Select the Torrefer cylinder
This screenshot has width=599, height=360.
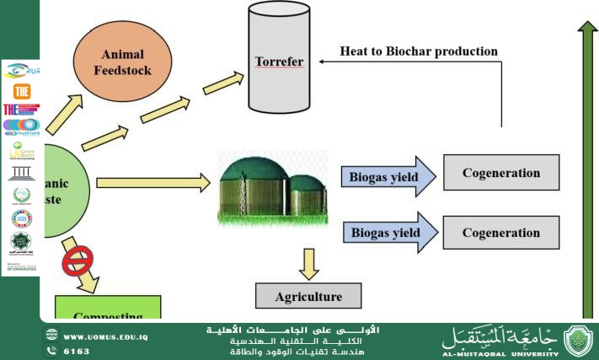click(279, 62)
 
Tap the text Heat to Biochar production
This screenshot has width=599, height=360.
click(419, 51)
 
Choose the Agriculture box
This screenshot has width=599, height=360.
click(308, 296)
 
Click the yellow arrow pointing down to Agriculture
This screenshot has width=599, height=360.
click(308, 263)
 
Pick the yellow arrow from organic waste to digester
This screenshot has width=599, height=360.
click(152, 181)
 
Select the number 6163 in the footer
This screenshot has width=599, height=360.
click(77, 349)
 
